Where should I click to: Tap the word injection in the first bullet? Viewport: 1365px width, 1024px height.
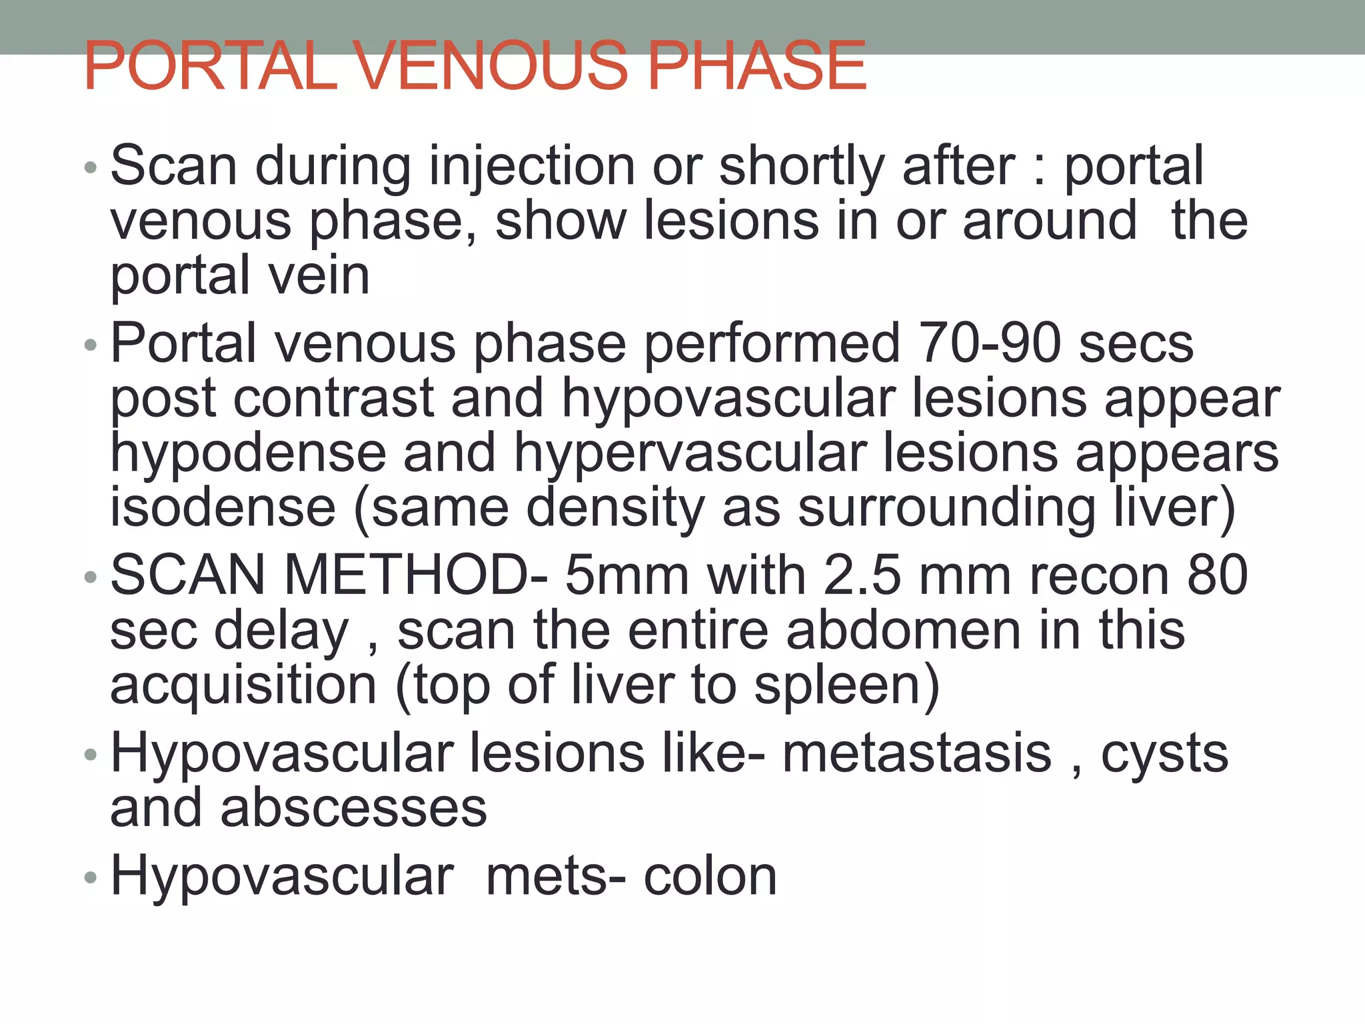pos(532,167)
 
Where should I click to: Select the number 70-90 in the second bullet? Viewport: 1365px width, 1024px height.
pos(989,344)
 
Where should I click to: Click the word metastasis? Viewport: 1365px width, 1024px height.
pos(916,754)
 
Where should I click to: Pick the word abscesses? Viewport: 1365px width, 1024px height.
pos(354,809)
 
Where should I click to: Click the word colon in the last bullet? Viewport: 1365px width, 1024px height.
pos(710,877)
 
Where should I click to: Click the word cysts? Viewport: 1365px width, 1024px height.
pos(1164,754)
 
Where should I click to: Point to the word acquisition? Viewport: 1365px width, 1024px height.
pos(243,686)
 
